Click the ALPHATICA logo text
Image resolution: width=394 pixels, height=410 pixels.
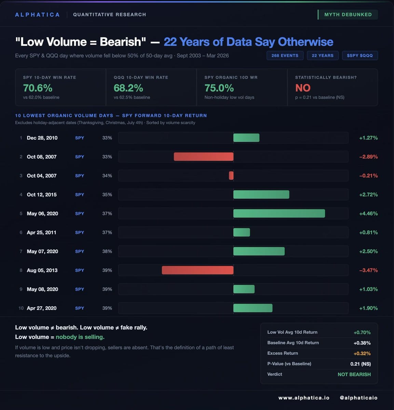pos(38,15)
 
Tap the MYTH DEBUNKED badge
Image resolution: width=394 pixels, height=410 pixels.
pos(348,15)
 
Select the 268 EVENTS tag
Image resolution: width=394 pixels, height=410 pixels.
pos(285,55)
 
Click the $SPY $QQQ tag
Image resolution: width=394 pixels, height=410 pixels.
pos(360,55)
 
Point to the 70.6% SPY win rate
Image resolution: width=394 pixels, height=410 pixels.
pos(38,88)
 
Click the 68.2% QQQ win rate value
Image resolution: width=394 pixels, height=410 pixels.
pos(128,88)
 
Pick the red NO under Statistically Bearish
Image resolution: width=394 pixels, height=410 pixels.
pos(303,88)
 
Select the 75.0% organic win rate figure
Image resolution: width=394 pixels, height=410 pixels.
pos(219,88)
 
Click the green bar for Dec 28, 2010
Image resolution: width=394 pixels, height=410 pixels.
pos(246,138)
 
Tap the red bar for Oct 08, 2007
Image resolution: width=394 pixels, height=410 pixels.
pos(204,156)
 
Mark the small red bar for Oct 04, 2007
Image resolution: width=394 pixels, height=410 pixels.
pos(231,176)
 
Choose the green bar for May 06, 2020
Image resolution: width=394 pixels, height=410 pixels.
pos(279,214)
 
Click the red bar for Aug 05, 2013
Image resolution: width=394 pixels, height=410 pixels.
pos(198,270)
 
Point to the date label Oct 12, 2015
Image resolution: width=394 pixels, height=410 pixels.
pos(42,194)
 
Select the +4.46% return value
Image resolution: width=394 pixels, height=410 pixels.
pos(368,214)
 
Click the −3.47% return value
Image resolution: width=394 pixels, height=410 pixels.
pos(368,270)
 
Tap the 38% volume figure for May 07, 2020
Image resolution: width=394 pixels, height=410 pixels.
pos(107,251)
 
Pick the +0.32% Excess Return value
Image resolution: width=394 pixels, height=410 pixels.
pos(362,353)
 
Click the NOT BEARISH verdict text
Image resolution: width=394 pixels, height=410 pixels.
pos(354,374)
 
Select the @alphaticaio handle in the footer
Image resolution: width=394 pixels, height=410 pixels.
pos(358,398)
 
